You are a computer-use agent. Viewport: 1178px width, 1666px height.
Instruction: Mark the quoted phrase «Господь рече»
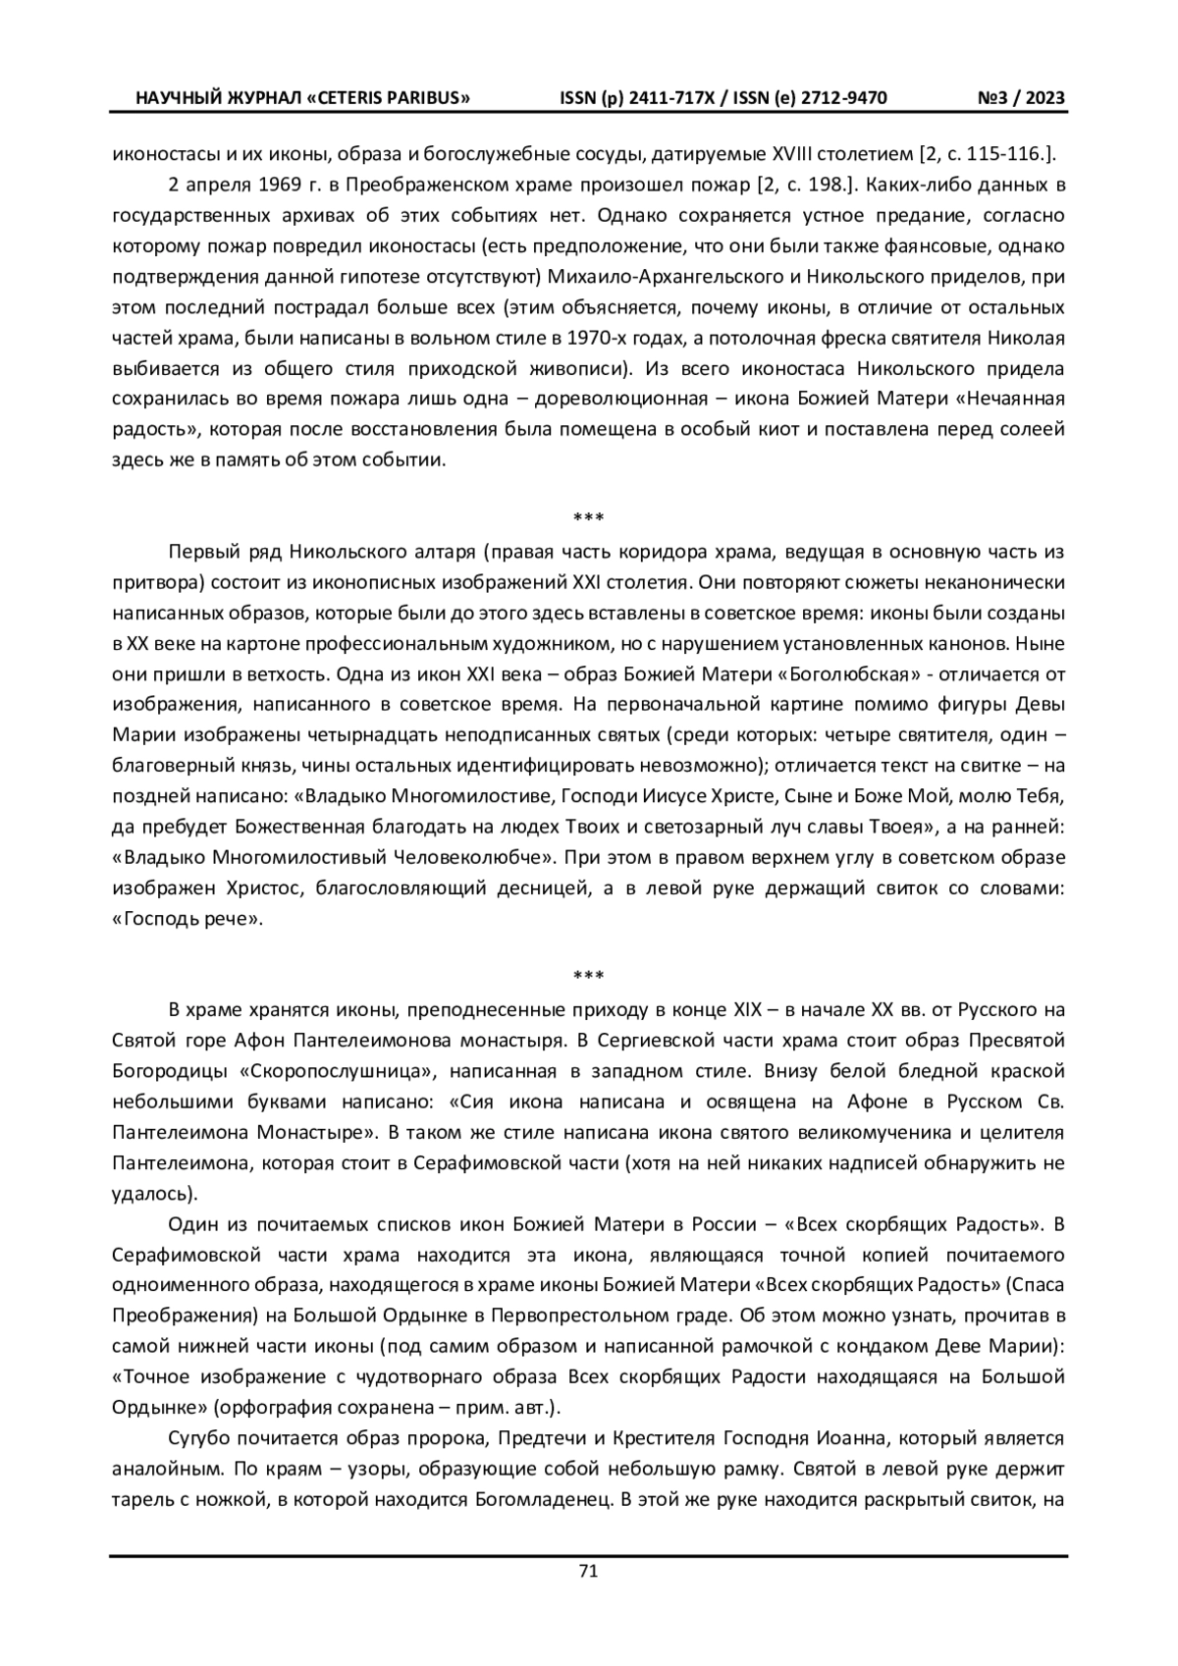[x=187, y=918]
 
